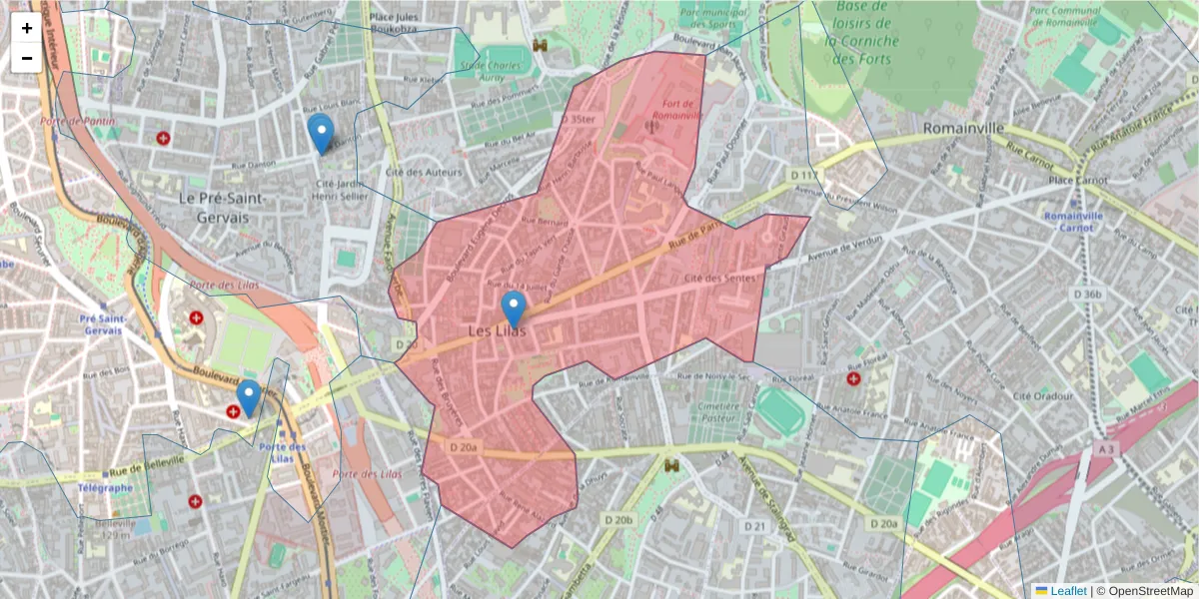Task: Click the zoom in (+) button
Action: (x=27, y=29)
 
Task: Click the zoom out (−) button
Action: (x=27, y=58)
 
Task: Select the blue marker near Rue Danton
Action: (x=320, y=133)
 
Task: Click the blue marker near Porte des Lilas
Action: (x=249, y=397)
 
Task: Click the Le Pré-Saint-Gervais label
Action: (x=222, y=207)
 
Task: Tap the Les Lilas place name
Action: (x=497, y=330)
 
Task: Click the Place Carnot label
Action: (x=1081, y=180)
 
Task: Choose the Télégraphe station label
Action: (x=104, y=488)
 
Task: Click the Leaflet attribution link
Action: (x=1068, y=591)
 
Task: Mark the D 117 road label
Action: (x=803, y=176)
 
